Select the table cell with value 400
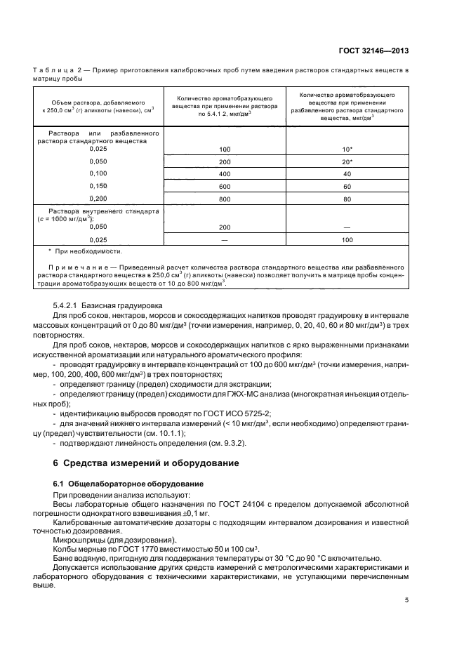[x=225, y=173]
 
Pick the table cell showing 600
[x=225, y=186]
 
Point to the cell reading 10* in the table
[x=347, y=150]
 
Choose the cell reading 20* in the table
[x=347, y=161]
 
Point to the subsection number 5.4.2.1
[x=69, y=306]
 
